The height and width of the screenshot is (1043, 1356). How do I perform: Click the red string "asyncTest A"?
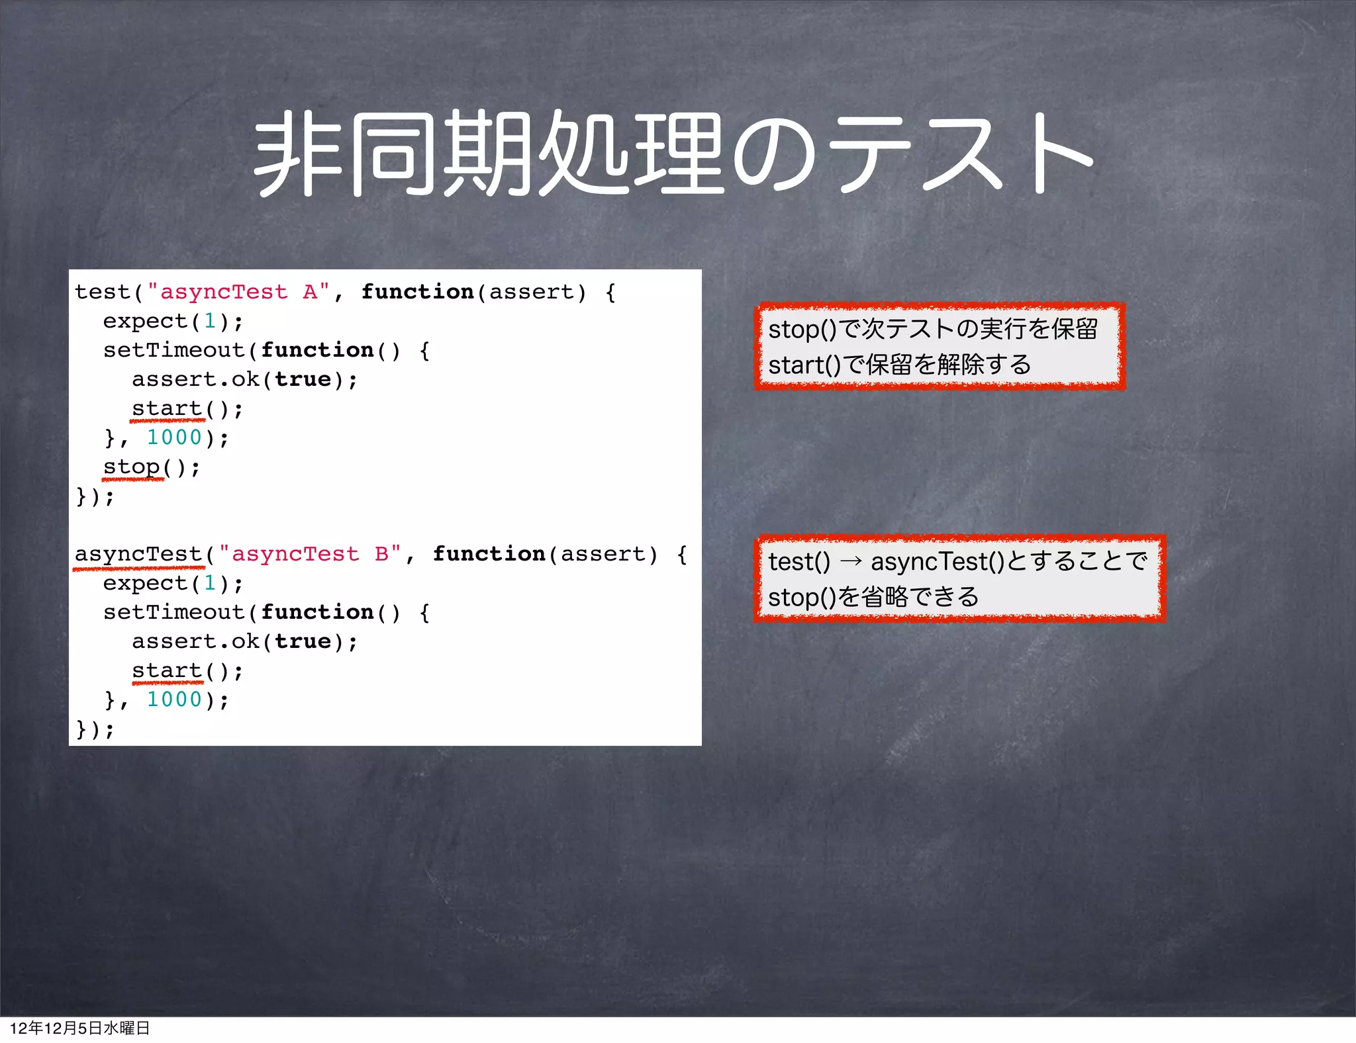click(x=238, y=292)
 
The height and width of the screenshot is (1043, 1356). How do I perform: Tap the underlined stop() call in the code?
click(x=132, y=467)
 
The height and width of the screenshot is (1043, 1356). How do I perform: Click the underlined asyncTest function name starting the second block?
click(x=138, y=554)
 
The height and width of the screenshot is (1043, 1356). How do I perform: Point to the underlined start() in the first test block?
click(x=168, y=409)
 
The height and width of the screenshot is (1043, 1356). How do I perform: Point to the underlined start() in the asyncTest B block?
click(x=168, y=671)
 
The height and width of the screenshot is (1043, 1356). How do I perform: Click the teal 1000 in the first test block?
click(x=174, y=437)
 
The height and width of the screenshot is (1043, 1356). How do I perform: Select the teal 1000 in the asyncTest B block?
click(x=174, y=700)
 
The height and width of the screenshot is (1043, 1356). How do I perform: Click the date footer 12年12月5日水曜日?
click(x=79, y=1028)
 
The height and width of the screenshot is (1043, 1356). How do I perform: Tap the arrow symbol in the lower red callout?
click(x=850, y=562)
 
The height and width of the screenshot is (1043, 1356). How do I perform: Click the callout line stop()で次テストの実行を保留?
click(x=932, y=329)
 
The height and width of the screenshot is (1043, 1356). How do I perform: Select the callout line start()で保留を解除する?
click(x=899, y=365)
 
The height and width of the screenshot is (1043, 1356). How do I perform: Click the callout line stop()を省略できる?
click(x=873, y=597)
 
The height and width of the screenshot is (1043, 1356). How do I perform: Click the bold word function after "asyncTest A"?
click(x=417, y=292)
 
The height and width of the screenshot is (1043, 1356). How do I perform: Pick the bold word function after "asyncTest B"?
click(x=489, y=554)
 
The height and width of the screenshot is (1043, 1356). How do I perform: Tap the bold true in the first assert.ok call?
click(x=303, y=380)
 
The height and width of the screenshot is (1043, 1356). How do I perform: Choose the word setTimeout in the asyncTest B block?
click(x=174, y=612)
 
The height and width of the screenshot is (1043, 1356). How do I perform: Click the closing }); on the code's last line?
click(x=95, y=729)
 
